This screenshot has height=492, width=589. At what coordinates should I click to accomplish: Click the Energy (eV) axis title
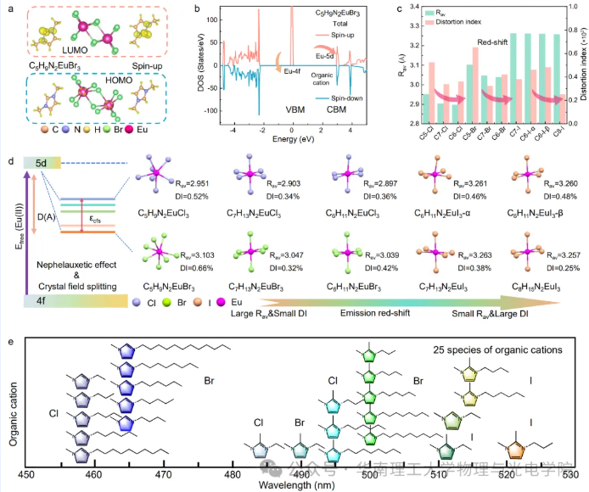(x=293, y=149)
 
